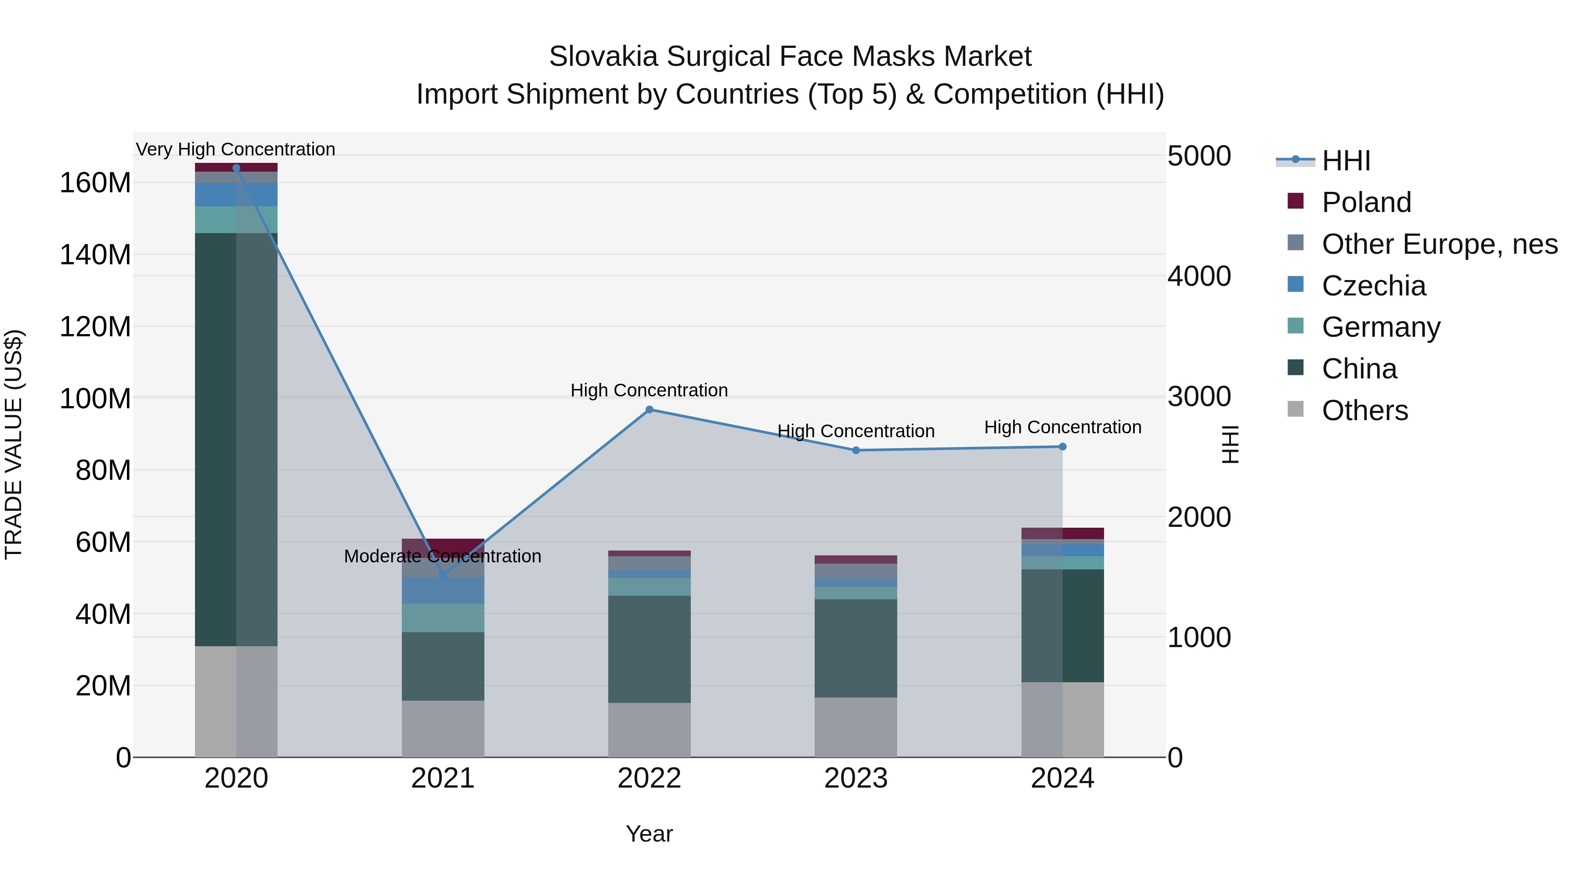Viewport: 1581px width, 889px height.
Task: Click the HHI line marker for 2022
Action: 650,409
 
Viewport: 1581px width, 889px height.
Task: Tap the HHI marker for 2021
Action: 443,576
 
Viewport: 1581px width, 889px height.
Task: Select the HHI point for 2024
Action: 1062,446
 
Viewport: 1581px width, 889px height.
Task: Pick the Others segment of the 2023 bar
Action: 855,727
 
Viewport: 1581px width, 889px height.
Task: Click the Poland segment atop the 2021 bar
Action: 443,544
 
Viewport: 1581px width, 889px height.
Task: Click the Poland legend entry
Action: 1366,202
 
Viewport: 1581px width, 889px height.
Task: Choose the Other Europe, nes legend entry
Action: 1439,244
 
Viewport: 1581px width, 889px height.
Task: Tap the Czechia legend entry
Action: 1374,286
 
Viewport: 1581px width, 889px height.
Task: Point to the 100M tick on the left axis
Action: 95,399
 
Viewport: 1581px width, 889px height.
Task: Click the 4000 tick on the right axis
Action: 1198,276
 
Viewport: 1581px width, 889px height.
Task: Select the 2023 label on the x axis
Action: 855,778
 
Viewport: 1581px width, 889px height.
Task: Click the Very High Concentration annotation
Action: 236,149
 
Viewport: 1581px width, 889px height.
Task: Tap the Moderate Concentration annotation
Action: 443,556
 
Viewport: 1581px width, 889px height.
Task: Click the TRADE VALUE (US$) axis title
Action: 14,444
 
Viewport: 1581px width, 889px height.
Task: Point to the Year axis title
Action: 650,834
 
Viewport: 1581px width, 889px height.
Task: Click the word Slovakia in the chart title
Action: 605,57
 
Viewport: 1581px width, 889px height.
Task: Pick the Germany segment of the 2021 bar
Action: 443,617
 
